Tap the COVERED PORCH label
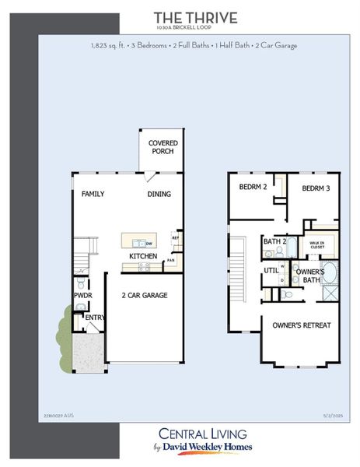(x=163, y=147)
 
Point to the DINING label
(x=159, y=194)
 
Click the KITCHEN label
(x=143, y=256)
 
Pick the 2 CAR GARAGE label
(x=145, y=296)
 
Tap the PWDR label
(x=82, y=296)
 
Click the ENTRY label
(x=94, y=317)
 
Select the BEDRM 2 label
(x=253, y=188)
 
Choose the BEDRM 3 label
(x=316, y=188)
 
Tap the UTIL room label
(x=271, y=270)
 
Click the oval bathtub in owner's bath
(x=329, y=272)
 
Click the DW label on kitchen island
(x=149, y=244)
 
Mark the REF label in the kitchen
(x=175, y=237)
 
